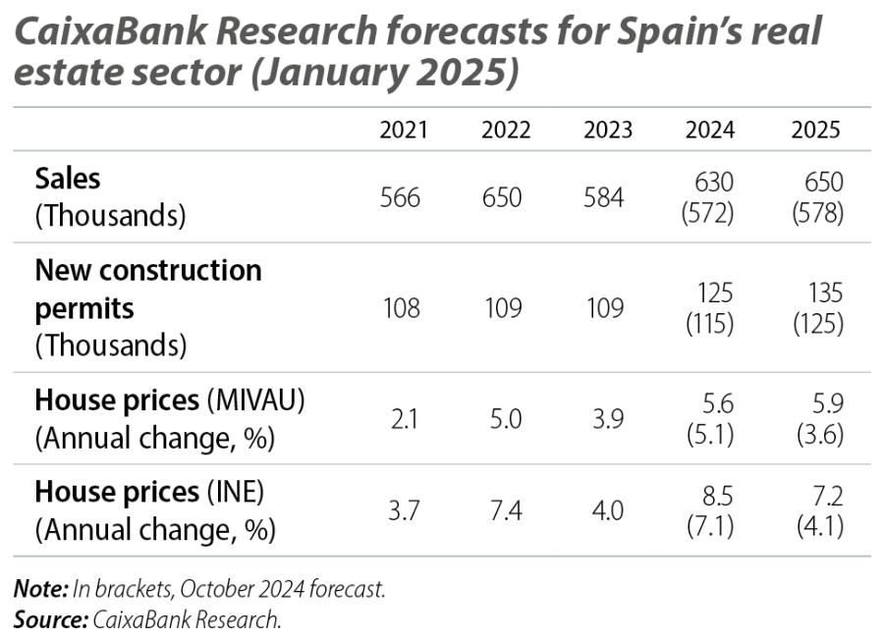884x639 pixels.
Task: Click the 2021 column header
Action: click(x=404, y=131)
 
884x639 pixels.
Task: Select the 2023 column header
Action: click(x=607, y=131)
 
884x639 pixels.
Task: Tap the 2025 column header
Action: click(x=816, y=131)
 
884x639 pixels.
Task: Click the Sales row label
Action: click(x=68, y=178)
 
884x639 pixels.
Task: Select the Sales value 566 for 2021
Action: click(x=400, y=197)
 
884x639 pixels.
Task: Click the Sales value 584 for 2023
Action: click(x=603, y=197)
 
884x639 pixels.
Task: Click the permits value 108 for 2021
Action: click(x=400, y=308)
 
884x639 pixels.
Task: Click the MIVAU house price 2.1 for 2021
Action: click(x=400, y=419)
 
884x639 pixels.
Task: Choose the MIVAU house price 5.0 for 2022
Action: click(x=501, y=419)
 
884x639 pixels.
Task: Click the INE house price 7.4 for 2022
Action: click(x=501, y=511)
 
